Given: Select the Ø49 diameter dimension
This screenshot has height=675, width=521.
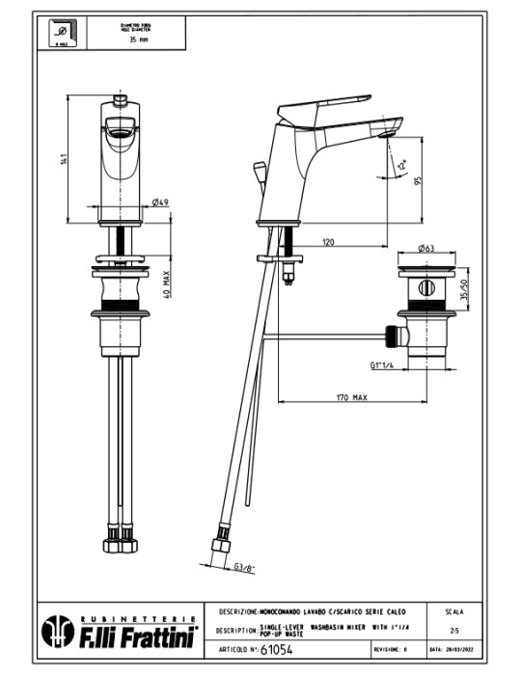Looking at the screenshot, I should [161, 202].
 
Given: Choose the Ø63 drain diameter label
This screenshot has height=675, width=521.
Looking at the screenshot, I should [426, 248].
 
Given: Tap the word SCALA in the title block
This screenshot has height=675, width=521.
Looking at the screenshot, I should [453, 612].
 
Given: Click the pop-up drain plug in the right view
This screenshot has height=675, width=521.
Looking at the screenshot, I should [426, 286].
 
